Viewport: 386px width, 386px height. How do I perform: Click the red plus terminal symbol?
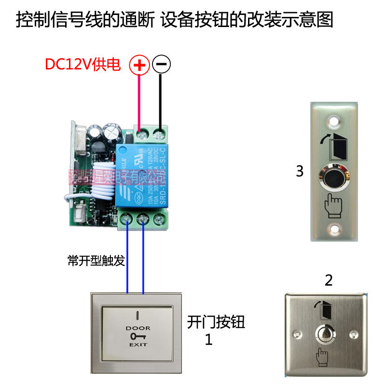pos(139,65)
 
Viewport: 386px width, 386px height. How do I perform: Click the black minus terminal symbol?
pos(161,65)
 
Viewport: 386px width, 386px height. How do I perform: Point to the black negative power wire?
pos(161,99)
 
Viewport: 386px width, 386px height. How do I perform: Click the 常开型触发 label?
pos(96,261)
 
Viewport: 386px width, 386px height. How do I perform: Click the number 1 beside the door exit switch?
pos(208,340)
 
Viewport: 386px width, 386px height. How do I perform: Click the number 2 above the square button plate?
pos(329,280)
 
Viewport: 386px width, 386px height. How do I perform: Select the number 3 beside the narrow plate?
pos(300,171)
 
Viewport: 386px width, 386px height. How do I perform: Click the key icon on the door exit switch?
pos(138,336)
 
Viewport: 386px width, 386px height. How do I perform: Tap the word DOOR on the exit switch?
pos(138,328)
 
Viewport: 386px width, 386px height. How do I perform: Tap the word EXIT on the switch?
pos(138,345)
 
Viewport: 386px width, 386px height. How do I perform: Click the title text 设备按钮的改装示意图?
pos(247,21)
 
